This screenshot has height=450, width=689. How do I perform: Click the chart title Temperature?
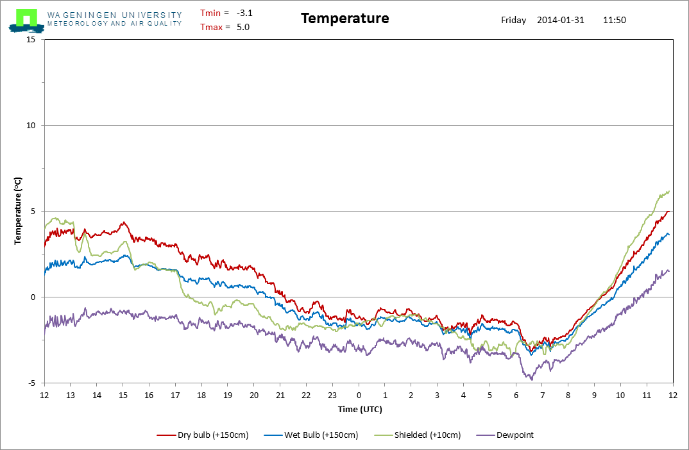(345, 19)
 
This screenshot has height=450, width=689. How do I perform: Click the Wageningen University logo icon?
(26, 21)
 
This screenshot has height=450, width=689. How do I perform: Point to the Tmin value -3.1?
(244, 13)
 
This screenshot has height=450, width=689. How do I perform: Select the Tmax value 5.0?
(243, 27)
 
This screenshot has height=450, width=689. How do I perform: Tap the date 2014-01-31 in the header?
(561, 21)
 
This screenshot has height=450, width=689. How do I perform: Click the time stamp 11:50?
(615, 21)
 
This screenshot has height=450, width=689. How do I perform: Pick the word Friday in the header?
(514, 21)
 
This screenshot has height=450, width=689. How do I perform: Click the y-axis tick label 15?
(31, 40)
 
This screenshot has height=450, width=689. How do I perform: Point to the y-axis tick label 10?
(31, 126)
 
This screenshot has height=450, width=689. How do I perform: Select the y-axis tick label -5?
(31, 383)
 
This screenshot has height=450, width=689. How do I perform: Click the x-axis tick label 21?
(280, 395)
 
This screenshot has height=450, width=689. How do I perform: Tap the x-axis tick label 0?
(359, 395)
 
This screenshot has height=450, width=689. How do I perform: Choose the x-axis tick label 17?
(175, 395)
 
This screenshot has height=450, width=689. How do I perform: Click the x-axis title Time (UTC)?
(360, 410)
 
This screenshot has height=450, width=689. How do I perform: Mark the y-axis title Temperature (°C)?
(17, 211)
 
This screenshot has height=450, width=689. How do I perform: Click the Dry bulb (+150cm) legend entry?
(203, 435)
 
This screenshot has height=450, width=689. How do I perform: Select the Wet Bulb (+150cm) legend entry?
(311, 435)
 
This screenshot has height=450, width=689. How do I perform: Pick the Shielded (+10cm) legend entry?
(418, 435)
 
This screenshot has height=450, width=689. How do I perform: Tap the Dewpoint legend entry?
(505, 435)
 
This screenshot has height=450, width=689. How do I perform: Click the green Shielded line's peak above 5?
(668, 192)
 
